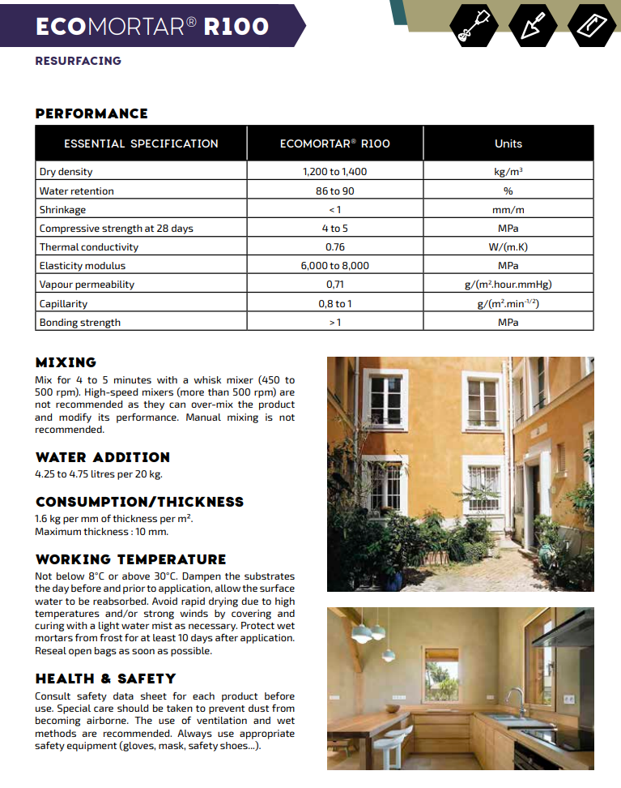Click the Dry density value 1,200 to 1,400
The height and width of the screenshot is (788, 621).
[334, 172]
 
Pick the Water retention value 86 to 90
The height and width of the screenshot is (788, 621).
[334, 191]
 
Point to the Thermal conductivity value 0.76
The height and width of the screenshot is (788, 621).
[334, 247]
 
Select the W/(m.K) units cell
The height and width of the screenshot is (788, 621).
[508, 247]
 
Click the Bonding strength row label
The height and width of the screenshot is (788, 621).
[80, 323]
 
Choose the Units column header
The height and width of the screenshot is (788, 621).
[508, 143]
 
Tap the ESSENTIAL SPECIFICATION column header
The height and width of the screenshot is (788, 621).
[141, 143]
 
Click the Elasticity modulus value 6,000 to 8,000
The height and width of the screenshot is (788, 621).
[334, 266]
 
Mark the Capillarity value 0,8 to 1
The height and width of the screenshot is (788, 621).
[334, 304]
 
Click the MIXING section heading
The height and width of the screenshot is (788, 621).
[66, 362]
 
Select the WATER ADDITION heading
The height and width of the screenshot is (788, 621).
[102, 457]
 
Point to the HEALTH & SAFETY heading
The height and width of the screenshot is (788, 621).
[105, 679]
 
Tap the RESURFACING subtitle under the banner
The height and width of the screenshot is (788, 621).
[78, 61]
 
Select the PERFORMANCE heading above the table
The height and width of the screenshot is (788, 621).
[91, 113]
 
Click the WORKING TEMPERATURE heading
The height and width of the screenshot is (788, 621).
[130, 559]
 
